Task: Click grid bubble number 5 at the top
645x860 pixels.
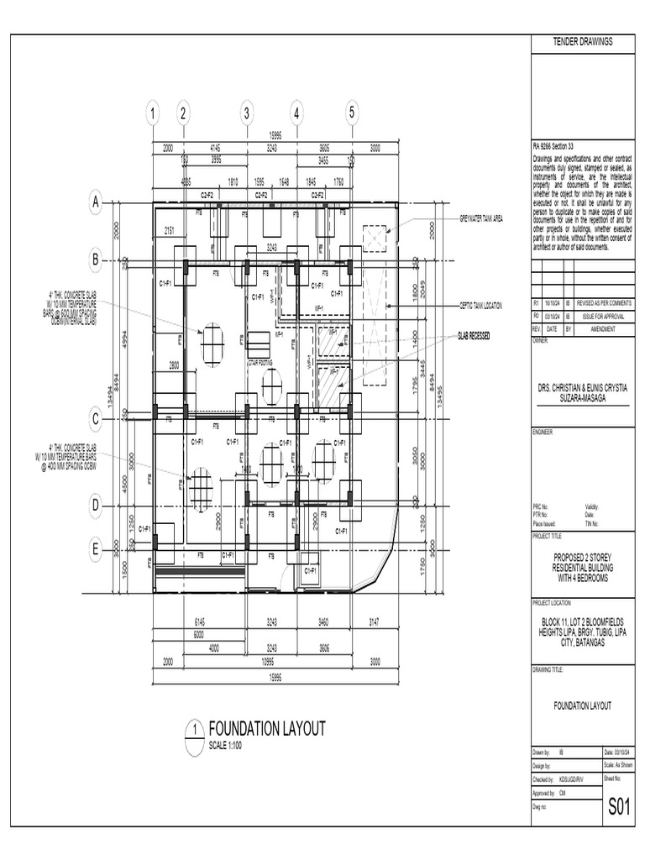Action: (x=352, y=112)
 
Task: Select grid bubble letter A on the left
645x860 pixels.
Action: (x=96, y=202)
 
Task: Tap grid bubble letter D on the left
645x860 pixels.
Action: (x=96, y=506)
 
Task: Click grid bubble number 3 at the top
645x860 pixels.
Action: (x=246, y=113)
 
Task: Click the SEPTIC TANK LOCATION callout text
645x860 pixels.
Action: (x=480, y=306)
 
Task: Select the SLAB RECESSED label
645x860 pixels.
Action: (x=474, y=336)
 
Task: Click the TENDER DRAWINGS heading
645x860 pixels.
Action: (x=583, y=42)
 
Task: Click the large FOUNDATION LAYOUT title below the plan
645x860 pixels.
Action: (x=266, y=729)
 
